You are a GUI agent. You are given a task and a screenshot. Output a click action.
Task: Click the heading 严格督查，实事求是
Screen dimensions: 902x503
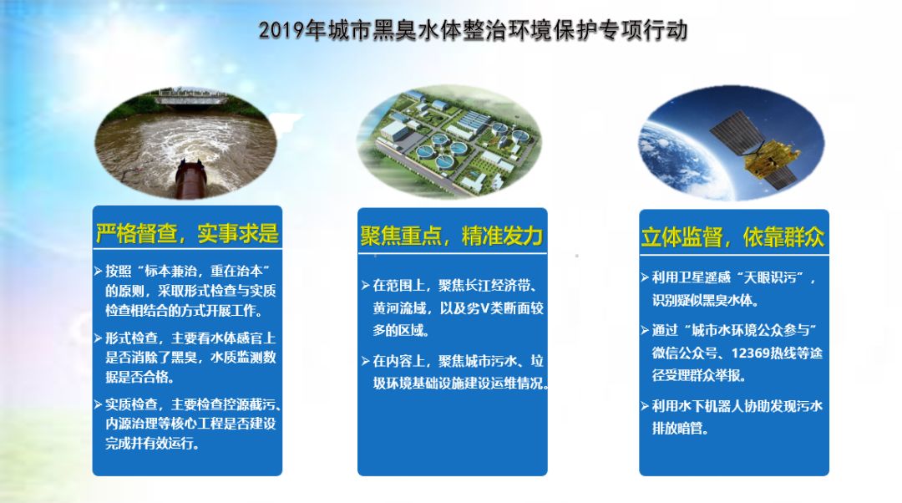[187, 233]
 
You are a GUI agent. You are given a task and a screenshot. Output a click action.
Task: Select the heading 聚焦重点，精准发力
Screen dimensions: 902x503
[452, 236]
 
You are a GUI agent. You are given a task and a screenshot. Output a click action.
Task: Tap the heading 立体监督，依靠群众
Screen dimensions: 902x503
[733, 236]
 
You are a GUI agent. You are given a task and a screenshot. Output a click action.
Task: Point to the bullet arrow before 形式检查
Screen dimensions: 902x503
[99, 338]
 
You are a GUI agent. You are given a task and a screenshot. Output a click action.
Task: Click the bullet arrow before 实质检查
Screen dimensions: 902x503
[99, 404]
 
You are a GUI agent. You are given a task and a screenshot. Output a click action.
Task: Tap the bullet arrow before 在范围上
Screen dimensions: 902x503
[366, 285]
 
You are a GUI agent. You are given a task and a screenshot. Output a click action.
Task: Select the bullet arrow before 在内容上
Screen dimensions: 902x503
[366, 361]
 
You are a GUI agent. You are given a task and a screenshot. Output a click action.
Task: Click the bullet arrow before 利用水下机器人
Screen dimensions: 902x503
[645, 406]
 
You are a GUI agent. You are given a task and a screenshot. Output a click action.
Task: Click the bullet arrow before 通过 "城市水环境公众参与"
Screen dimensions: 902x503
[645, 330]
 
